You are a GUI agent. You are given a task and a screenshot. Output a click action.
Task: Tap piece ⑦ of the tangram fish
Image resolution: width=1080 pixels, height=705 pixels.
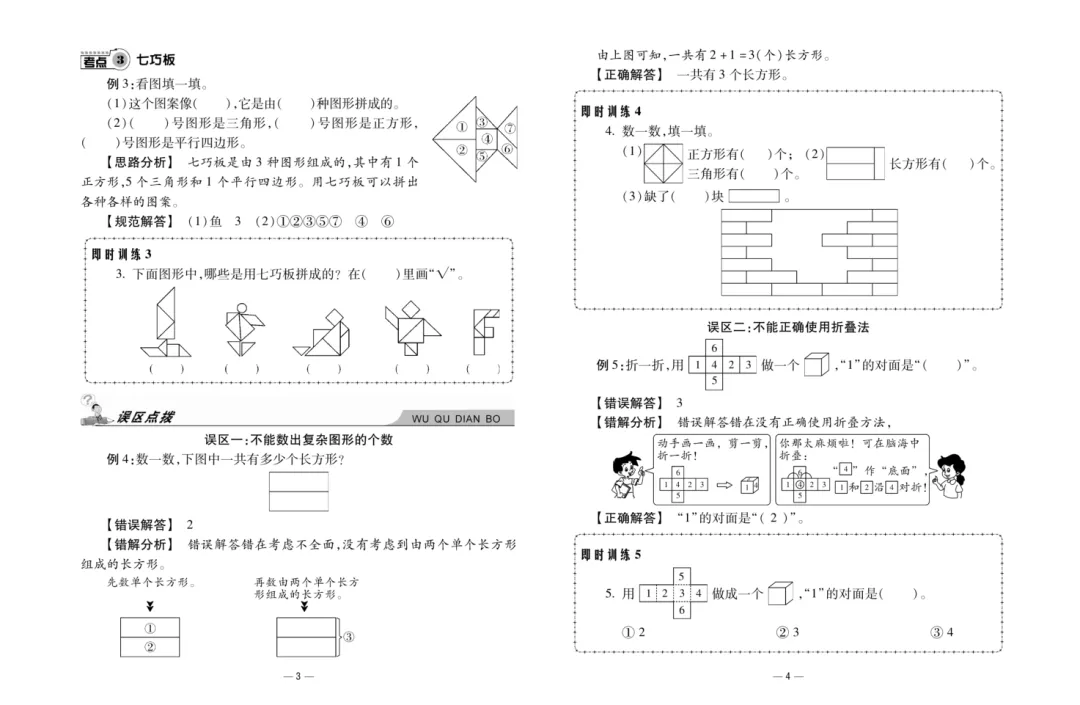pos(509,128)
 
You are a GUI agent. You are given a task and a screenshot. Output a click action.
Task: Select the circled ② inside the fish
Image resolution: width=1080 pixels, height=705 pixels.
pos(462,150)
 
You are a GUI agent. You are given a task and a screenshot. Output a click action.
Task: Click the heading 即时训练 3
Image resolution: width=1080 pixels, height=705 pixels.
pos(121,254)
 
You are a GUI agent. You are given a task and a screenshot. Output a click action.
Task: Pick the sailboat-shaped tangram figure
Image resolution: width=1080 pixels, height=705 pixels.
pos(162,321)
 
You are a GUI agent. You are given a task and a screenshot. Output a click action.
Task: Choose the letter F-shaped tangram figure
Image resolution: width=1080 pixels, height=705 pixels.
pos(485,330)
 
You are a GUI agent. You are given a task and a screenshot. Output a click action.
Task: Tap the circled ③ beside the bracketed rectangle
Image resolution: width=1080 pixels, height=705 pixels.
pos(349,636)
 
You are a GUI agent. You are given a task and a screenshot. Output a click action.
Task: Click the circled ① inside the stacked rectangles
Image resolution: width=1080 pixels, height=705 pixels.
pos(149,628)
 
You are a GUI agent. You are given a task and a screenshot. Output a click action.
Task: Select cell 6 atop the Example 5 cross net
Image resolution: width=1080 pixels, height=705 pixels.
pos(714,348)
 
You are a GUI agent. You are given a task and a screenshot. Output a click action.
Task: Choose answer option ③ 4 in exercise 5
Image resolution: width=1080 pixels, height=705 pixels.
pos(941,632)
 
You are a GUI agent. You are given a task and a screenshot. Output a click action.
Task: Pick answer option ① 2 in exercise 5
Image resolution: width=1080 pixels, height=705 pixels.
pos(633,632)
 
